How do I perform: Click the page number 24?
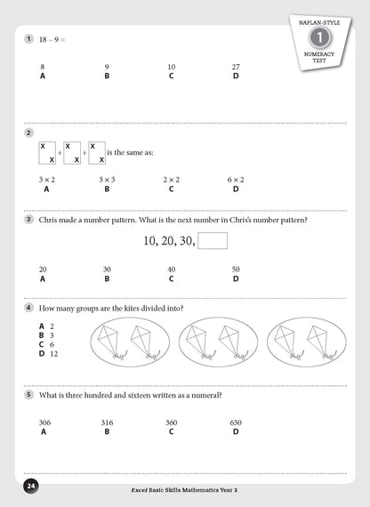tap(31, 487)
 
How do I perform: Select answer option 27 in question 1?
tap(236, 67)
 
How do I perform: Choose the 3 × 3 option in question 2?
tap(107, 179)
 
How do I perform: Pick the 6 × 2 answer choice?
tap(236, 179)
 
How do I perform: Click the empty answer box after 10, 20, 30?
tap(213, 240)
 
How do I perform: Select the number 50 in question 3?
tap(236, 269)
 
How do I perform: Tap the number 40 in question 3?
tap(171, 269)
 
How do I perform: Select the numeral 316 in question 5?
tap(107, 422)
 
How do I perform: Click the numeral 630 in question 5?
tap(236, 422)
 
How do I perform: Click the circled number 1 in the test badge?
tap(318, 38)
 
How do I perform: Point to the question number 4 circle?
tap(29, 308)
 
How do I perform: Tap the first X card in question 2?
tap(47, 152)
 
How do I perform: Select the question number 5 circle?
tap(29, 395)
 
